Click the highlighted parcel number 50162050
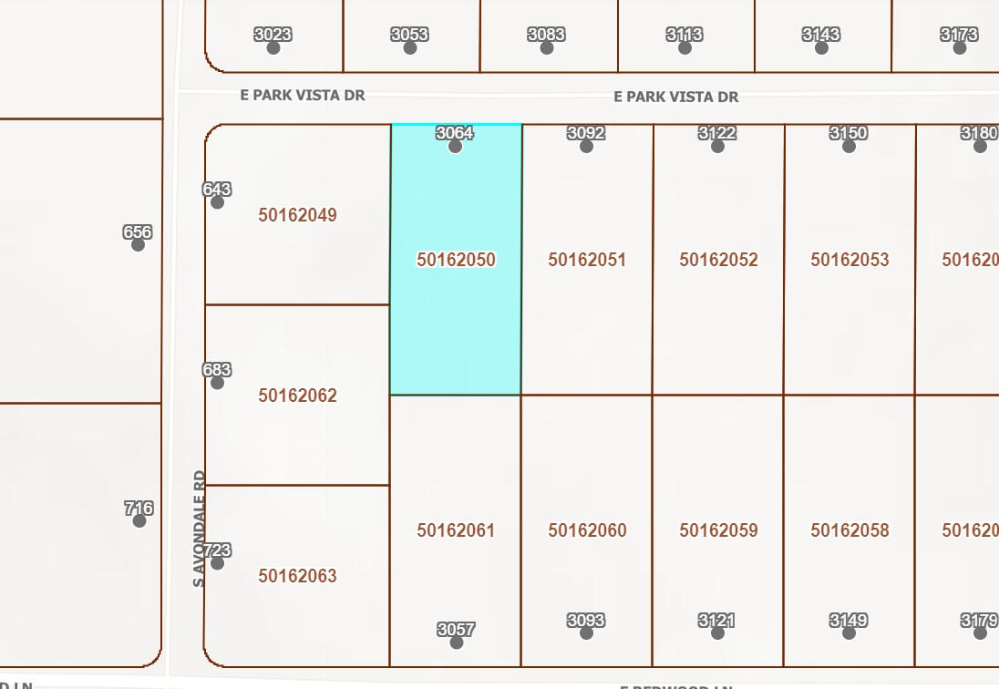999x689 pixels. click(x=456, y=260)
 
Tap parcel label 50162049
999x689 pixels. click(x=297, y=215)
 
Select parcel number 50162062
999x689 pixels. click(x=297, y=396)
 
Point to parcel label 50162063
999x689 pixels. click(x=297, y=576)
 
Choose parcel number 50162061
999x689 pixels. click(x=456, y=530)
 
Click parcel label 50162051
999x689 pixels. click(x=587, y=260)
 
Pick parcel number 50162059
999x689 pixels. click(x=718, y=530)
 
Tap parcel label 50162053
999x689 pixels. click(x=850, y=260)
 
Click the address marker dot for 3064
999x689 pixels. click(x=455, y=146)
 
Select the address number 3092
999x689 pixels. click(x=586, y=133)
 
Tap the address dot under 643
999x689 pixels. click(x=217, y=202)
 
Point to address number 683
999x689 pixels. click(x=217, y=370)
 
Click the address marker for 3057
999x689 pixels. click(x=457, y=643)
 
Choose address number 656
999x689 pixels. click(x=138, y=232)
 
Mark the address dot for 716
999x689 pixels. click(x=139, y=520)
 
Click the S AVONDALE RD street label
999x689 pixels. click(x=200, y=529)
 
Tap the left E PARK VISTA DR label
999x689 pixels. click(x=303, y=95)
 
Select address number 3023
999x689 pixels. click(x=273, y=35)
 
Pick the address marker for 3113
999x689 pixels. click(x=685, y=47)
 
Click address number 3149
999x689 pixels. click(x=849, y=621)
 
